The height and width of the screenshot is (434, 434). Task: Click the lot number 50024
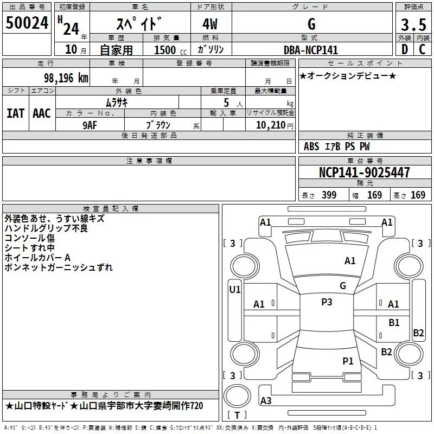click(27, 24)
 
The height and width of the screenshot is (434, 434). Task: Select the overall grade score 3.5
click(413, 25)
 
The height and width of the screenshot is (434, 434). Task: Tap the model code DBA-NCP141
click(311, 50)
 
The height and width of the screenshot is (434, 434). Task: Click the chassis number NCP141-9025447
click(365, 173)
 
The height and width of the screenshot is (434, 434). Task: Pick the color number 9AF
click(90, 124)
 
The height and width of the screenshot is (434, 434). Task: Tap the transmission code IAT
click(15, 113)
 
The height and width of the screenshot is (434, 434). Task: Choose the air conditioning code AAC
click(42, 113)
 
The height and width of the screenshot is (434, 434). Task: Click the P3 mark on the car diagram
click(327, 302)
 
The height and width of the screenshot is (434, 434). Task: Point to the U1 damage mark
click(235, 290)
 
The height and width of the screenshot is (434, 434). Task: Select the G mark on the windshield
click(343, 286)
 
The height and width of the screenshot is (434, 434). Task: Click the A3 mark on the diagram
click(266, 401)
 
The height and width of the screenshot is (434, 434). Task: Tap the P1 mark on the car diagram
click(348, 360)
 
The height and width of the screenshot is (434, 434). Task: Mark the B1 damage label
click(394, 323)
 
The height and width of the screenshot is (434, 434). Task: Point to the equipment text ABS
click(311, 146)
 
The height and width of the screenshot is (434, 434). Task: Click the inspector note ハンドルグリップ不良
click(46, 228)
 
